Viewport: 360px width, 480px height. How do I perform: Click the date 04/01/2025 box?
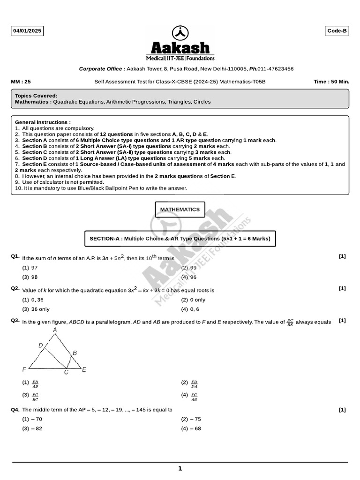click(x=27, y=31)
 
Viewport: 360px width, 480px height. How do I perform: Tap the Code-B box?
click(x=337, y=31)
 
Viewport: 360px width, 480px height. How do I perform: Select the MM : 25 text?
click(x=21, y=82)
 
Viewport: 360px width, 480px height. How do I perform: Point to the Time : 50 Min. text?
click(x=331, y=82)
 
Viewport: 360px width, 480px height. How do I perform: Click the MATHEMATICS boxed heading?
click(x=180, y=210)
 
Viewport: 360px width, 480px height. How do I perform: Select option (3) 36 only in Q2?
click(x=36, y=309)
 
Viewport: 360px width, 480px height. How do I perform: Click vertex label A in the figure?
click(x=55, y=330)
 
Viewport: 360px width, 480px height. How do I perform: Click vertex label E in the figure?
click(x=84, y=370)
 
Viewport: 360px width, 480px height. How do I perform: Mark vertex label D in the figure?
click(x=41, y=345)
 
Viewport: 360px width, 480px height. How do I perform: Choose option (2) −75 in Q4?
click(x=191, y=420)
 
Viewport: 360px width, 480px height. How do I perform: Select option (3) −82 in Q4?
click(x=32, y=429)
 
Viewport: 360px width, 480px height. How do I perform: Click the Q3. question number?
click(x=15, y=321)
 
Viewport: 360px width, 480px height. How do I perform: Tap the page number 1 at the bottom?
click(x=180, y=468)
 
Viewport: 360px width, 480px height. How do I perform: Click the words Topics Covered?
click(x=36, y=96)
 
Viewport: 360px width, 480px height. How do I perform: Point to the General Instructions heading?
click(x=43, y=122)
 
